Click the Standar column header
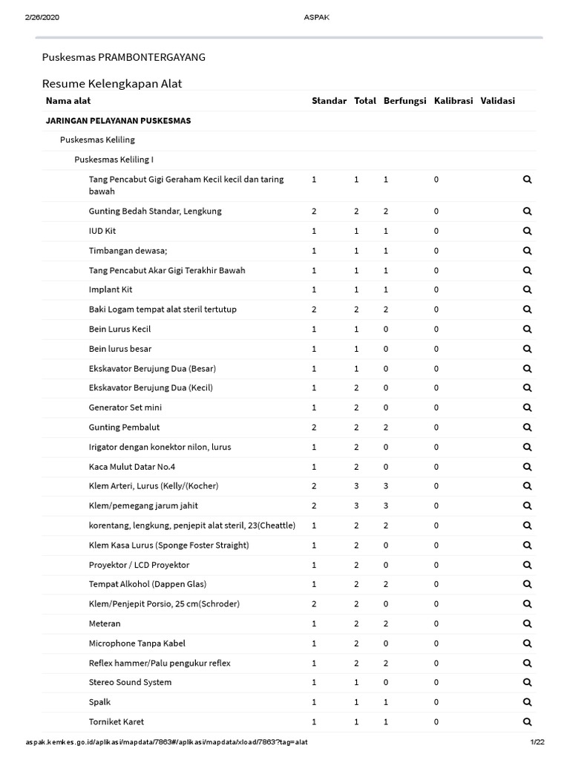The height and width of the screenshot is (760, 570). (329, 101)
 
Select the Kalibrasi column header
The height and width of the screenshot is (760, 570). (453, 101)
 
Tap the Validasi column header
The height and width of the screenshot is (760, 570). (497, 101)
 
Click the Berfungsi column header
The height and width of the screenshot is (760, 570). (405, 101)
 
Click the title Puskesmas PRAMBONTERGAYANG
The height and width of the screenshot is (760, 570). (124, 57)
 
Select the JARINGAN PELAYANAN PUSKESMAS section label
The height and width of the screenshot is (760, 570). (118, 120)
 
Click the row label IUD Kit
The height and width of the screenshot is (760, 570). (102, 231)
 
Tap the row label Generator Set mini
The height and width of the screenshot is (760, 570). (125, 407)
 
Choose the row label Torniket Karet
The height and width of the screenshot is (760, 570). (117, 721)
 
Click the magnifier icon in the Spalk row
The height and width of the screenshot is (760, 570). (528, 702)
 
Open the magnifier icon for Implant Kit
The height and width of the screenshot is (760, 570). (528, 289)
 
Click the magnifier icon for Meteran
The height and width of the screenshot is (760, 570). (528, 623)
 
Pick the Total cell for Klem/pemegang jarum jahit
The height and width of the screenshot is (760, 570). (356, 505)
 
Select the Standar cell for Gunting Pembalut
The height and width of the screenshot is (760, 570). (314, 427)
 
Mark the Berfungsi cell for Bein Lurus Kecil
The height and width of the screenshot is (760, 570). (385, 329)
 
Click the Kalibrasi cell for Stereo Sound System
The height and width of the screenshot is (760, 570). (436, 682)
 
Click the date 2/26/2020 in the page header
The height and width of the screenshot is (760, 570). (42, 18)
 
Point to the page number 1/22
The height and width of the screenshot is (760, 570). (537, 742)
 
